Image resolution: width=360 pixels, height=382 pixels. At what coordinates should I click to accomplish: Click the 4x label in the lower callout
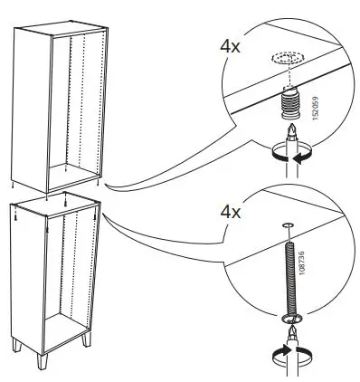click(232, 214)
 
